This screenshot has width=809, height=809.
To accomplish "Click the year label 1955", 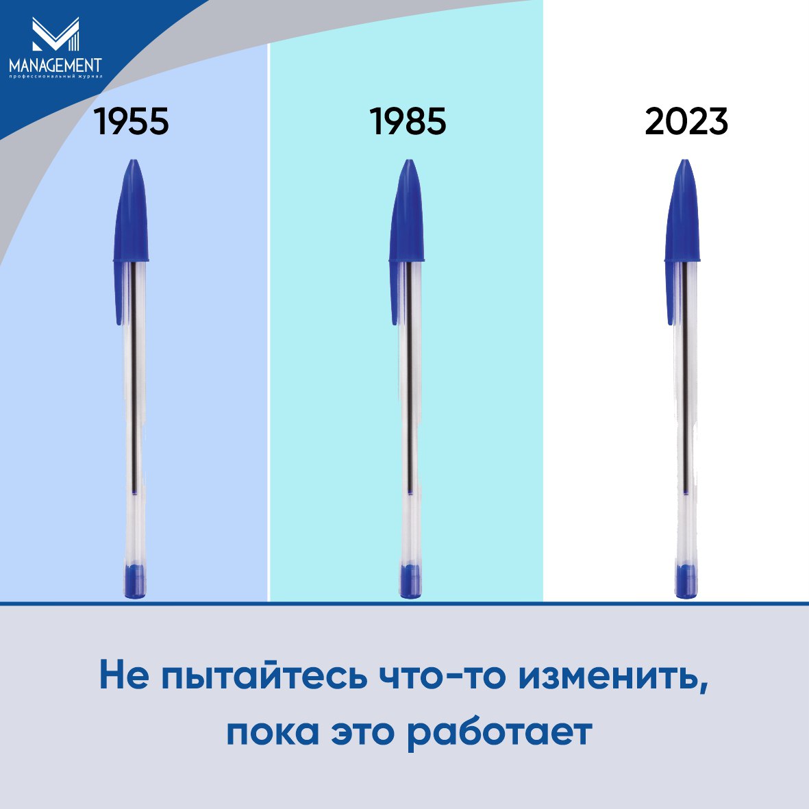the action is pos(132,122).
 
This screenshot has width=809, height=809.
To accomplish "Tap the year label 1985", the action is pos(408,122).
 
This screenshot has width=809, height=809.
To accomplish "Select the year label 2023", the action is pos(686,122).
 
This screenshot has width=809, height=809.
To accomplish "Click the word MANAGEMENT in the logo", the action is pos(55,66).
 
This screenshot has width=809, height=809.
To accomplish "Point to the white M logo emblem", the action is pos(55,34).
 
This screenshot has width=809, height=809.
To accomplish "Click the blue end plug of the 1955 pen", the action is pos(135,581).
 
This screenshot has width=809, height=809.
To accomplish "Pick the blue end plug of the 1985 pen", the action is pos(411,581).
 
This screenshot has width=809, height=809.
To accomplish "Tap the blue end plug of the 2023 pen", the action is pos(686,581).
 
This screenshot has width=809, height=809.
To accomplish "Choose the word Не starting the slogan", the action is pos(124,675).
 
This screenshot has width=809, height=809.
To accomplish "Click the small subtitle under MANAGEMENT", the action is pos(55,77).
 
